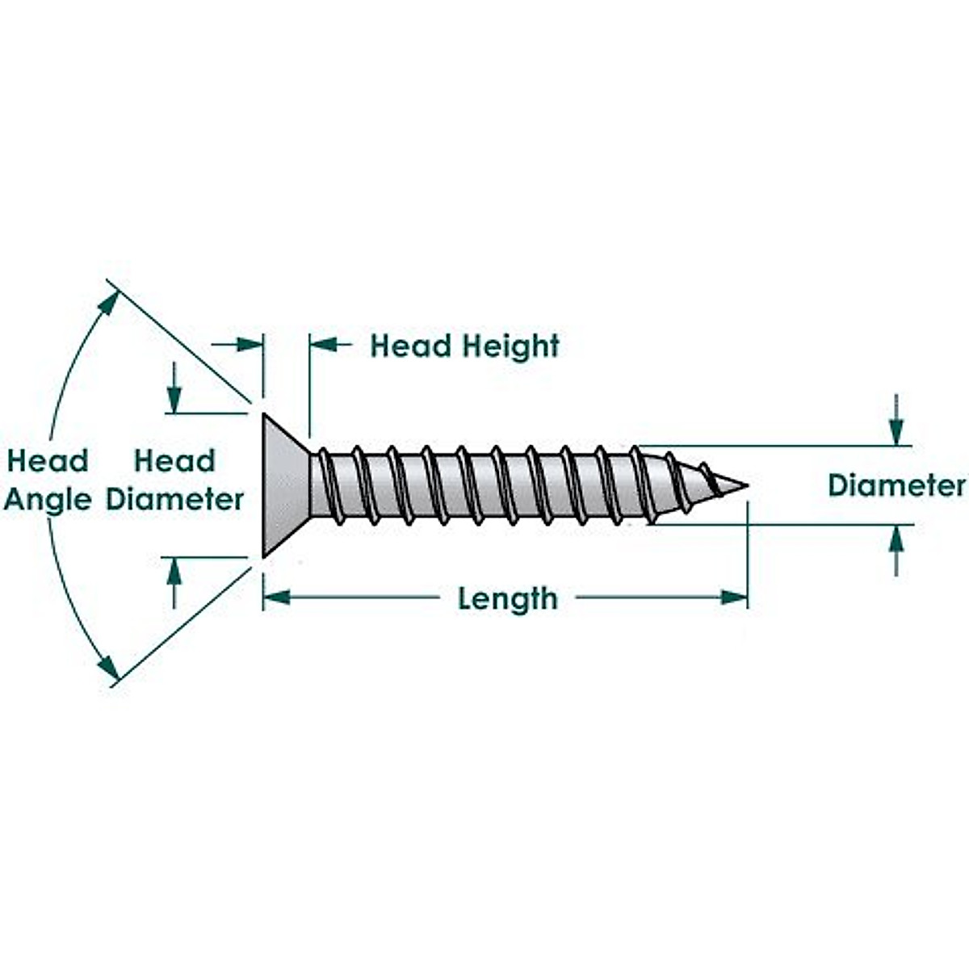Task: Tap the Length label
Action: (x=508, y=598)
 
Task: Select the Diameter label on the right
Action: (x=897, y=485)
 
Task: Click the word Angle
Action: (x=48, y=500)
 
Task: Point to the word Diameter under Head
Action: (x=175, y=500)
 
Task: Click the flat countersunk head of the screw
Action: (x=284, y=484)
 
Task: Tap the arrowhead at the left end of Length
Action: (x=276, y=598)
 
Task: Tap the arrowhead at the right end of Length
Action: (x=734, y=598)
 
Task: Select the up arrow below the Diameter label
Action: (x=896, y=539)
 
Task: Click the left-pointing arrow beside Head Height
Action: (x=323, y=345)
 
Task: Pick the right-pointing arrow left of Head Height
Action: (x=250, y=345)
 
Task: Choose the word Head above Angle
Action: (x=48, y=461)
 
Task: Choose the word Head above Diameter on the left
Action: (x=175, y=461)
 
